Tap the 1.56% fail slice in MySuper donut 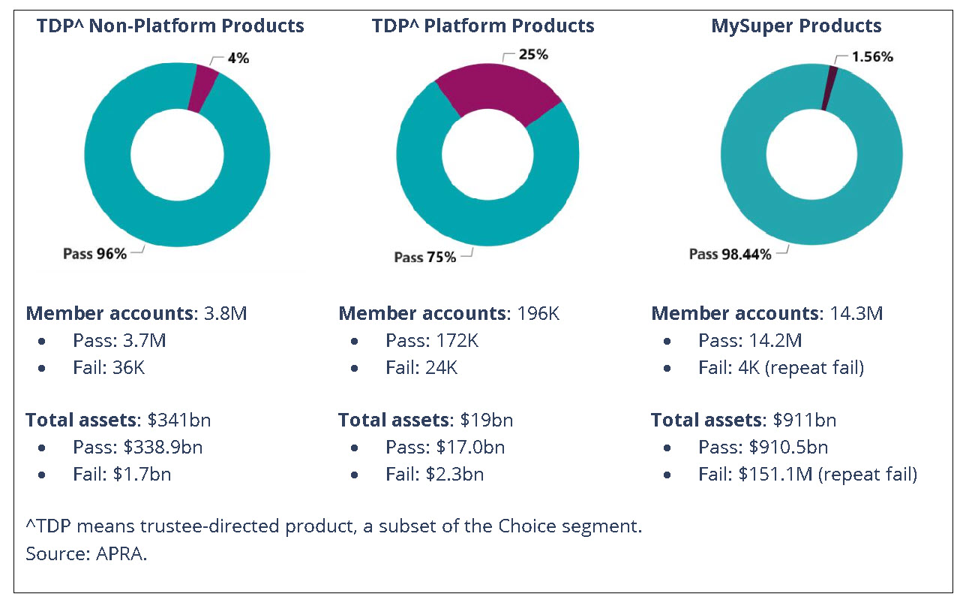coord(829,87)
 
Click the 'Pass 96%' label coord(94,254)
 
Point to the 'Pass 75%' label coord(424,257)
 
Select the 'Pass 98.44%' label coord(730,255)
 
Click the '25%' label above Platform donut coord(533,54)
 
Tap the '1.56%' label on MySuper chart coord(872,56)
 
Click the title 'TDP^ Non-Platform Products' coord(171,26)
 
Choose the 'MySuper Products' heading coord(796,26)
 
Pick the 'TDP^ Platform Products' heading coord(483,26)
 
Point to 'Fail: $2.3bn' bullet coord(434,474)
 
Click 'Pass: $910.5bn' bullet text coord(763,448)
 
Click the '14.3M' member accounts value coord(855,313)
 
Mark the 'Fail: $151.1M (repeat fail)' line coord(808,474)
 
